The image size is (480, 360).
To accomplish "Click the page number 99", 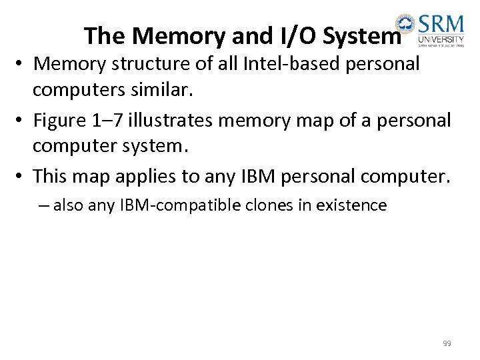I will pyautogui.click(x=447, y=343).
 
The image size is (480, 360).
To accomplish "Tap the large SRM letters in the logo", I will pyautogui.click(x=441, y=27).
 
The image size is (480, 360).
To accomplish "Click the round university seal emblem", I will pyautogui.click(x=404, y=23).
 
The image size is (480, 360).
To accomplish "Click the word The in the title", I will pyautogui.click(x=101, y=36).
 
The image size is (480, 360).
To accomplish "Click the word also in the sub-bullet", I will pyautogui.click(x=67, y=205).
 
